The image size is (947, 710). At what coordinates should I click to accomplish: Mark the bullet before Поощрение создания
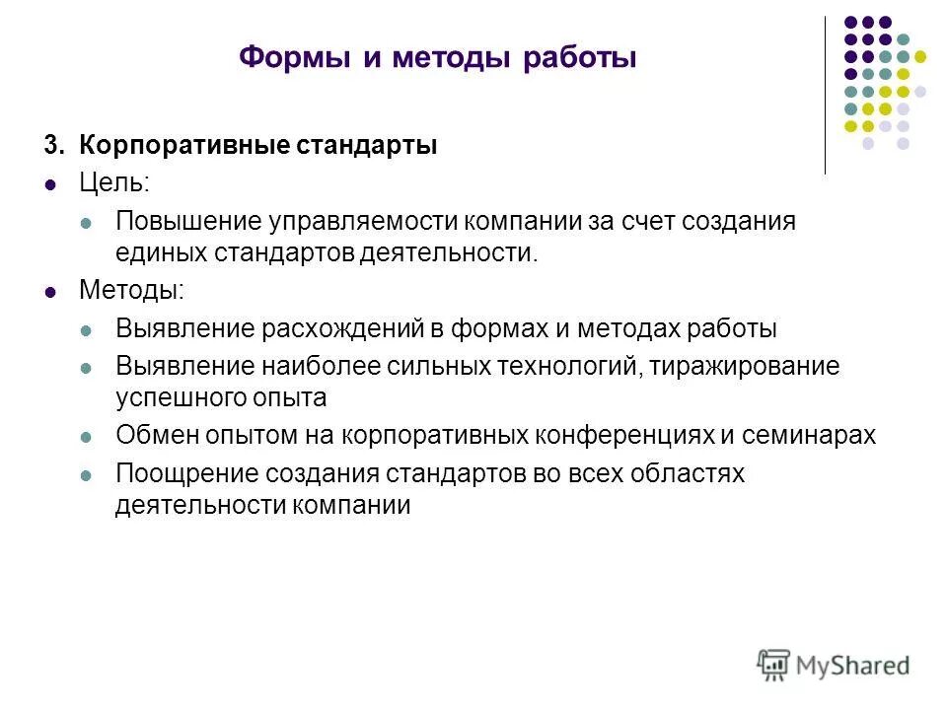(85, 474)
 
